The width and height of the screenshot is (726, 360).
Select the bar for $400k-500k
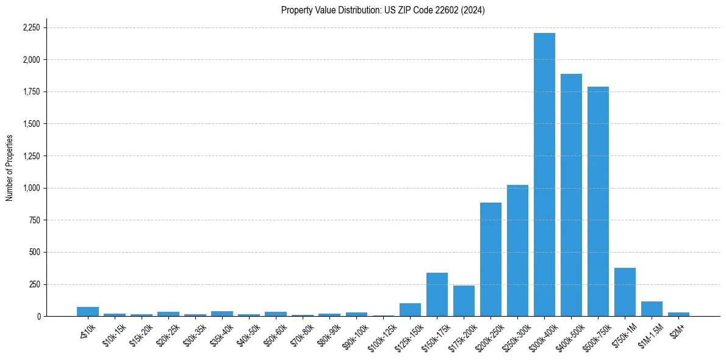pyautogui.click(x=571, y=195)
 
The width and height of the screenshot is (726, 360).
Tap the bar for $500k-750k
pyautogui.click(x=598, y=201)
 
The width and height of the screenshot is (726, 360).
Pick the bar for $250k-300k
pyautogui.click(x=517, y=250)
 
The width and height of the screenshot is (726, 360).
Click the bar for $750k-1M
pyautogui.click(x=625, y=292)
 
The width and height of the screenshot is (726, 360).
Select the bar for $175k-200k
pyautogui.click(x=464, y=301)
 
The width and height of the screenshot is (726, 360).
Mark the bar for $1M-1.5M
pyautogui.click(x=652, y=309)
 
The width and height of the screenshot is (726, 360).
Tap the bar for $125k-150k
pyautogui.click(x=410, y=310)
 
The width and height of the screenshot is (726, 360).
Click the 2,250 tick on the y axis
pyautogui.click(x=31, y=27)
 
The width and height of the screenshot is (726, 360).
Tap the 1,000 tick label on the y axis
pyautogui.click(x=31, y=188)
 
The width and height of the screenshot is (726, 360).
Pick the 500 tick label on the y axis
pyautogui.click(x=35, y=252)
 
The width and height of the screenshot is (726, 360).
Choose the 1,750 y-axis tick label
pyautogui.click(x=31, y=92)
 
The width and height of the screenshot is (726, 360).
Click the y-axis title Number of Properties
pyautogui.click(x=9, y=167)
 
